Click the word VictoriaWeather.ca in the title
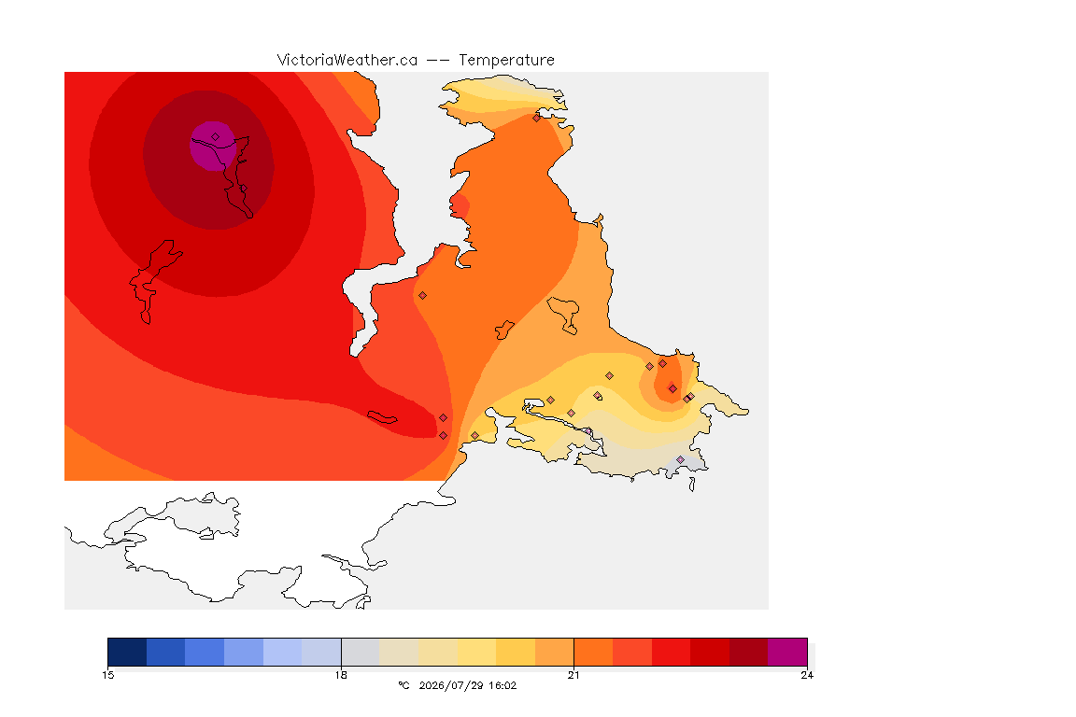tap(347, 61)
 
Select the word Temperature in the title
tap(506, 61)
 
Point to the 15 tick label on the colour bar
tap(107, 675)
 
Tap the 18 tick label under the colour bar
tap(341, 675)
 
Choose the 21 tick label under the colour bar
tap(573, 675)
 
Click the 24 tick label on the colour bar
tap(807, 675)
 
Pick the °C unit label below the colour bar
tap(403, 685)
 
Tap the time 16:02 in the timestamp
tap(503, 685)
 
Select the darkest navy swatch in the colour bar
tap(127, 652)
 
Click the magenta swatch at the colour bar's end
tap(787, 652)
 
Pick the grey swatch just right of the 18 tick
tap(361, 652)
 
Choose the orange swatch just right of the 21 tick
tap(594, 652)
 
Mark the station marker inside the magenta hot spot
tap(216, 137)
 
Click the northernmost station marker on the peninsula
tap(537, 118)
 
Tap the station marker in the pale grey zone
tap(680, 459)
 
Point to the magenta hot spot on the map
tap(213, 146)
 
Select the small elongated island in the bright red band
tap(382, 417)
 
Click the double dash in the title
tap(438, 61)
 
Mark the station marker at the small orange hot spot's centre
tap(672, 389)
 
